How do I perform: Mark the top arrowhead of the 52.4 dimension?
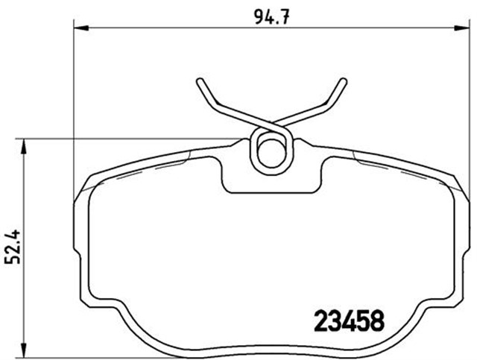point(25,145)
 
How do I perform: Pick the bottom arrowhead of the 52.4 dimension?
point(25,347)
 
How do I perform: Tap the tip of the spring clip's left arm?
point(199,80)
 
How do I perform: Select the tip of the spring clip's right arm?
point(344,80)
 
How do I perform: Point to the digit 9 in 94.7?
point(252,13)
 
